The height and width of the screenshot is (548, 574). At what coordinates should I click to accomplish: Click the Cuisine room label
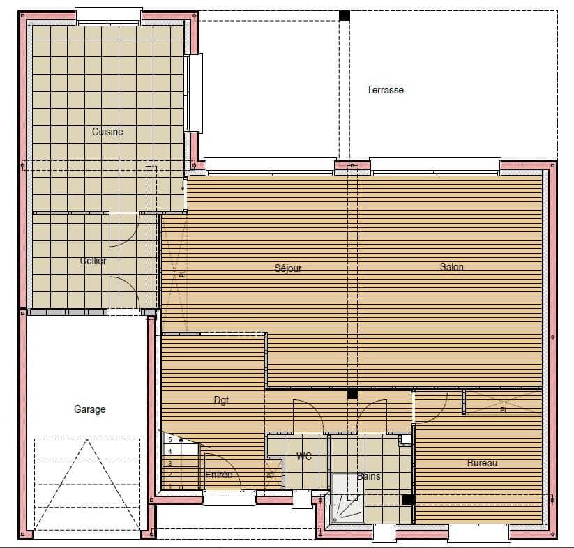pos(107,132)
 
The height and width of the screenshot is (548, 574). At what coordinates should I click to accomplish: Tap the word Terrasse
pos(385,90)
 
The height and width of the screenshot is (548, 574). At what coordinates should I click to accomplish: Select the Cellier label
pos(93,261)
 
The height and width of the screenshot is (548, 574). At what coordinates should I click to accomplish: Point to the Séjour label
pos(288,268)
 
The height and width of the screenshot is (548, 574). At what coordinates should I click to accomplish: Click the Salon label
pos(451,267)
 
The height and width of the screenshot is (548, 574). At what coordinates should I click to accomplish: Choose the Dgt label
pos(221,400)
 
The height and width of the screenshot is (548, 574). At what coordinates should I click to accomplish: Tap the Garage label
pos(90,409)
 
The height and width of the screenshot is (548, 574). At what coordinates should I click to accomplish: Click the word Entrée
pos(219,475)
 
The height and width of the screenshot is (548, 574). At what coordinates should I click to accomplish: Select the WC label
pos(304,457)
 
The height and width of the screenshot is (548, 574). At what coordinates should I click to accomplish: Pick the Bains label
pos(368,477)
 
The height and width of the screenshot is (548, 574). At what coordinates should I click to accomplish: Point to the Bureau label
pos(483,463)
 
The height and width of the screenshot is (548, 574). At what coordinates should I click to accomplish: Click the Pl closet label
pos(503,411)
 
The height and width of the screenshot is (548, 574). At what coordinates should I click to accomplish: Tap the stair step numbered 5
pos(169,440)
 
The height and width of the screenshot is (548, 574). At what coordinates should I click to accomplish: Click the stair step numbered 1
pos(169,485)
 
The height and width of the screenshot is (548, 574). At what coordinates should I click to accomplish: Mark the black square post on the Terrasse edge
pos(344,15)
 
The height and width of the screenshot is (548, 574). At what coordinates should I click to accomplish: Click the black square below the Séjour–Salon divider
pos(352,393)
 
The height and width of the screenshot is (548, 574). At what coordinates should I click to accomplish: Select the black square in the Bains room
pos(407,499)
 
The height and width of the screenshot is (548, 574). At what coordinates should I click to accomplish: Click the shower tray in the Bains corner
pos(347,498)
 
